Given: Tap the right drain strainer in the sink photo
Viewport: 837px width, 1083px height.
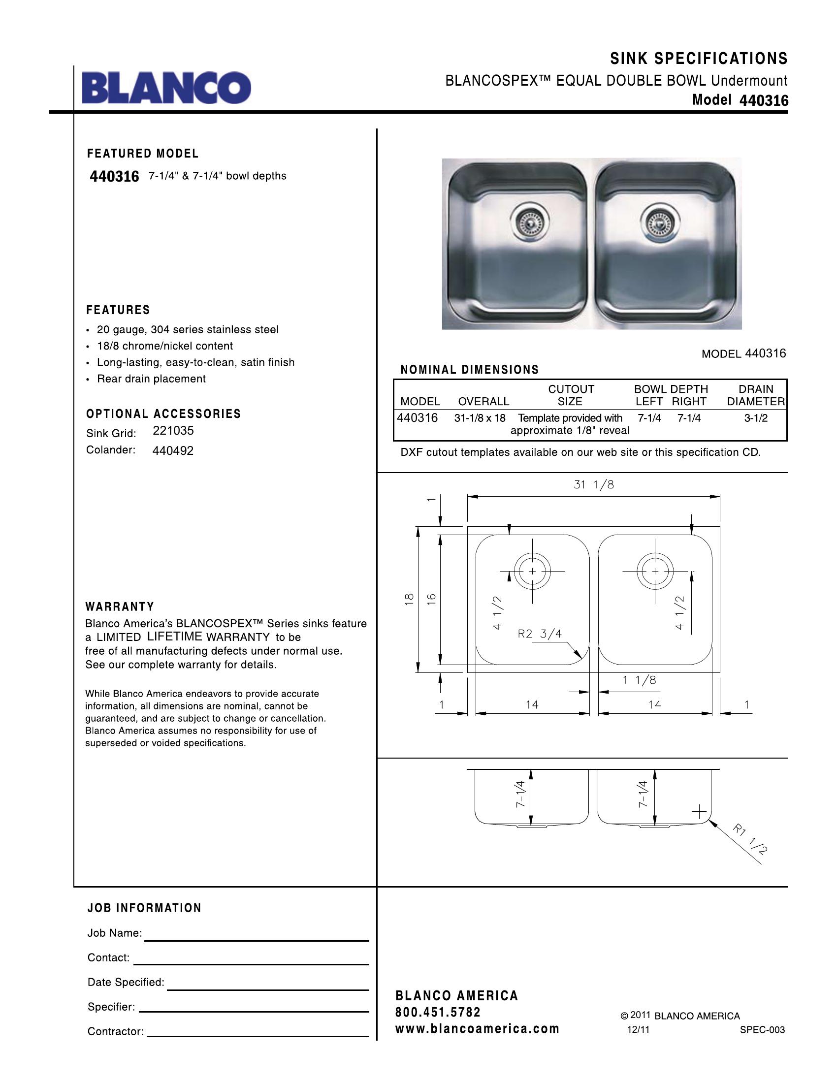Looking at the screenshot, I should point(658,223).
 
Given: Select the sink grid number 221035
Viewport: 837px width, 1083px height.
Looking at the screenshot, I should point(173,430).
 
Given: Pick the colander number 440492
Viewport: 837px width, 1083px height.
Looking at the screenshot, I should point(173,451).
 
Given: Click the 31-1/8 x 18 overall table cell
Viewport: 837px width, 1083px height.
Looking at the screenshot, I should point(480,418).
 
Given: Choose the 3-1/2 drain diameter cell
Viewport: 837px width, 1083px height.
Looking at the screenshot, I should point(756,418).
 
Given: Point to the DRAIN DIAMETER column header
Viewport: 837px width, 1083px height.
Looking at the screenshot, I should point(756,395).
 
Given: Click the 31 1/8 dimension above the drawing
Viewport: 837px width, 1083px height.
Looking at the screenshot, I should point(594,484).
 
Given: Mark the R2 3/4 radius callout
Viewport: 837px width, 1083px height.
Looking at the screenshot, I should point(540,634).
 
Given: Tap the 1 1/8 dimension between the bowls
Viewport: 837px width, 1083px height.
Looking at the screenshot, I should point(639,680).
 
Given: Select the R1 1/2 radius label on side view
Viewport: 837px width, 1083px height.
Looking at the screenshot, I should point(751,839).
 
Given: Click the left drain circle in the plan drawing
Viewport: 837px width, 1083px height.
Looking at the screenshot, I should point(532,571).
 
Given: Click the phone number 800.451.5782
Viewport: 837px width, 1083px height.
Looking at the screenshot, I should point(438,1012).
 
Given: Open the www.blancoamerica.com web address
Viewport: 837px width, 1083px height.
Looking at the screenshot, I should point(477,1028).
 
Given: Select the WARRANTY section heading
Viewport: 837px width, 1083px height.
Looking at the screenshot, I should point(120,606).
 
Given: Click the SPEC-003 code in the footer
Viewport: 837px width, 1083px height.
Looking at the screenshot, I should point(762,1029).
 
